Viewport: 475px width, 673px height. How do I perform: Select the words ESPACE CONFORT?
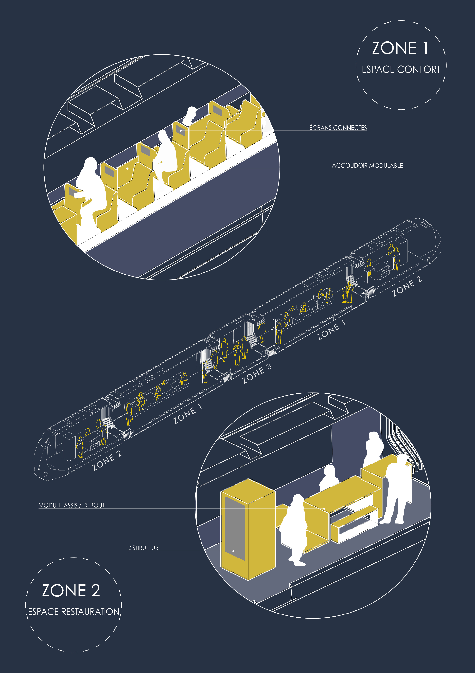401,69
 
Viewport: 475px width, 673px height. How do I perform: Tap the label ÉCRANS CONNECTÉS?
338,128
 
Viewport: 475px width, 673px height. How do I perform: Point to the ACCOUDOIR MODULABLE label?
367,166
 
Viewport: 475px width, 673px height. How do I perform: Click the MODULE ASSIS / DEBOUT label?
71,505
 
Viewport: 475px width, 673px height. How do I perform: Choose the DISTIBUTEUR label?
143,548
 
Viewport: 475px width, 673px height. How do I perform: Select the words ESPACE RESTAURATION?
74,612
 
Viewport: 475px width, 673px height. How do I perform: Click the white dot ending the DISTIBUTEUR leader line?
233,551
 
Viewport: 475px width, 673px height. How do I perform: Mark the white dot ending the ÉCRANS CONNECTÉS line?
181,130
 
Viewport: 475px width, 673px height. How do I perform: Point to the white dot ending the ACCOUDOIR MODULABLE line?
127,169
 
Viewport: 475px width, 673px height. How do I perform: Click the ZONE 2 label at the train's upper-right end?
407,286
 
